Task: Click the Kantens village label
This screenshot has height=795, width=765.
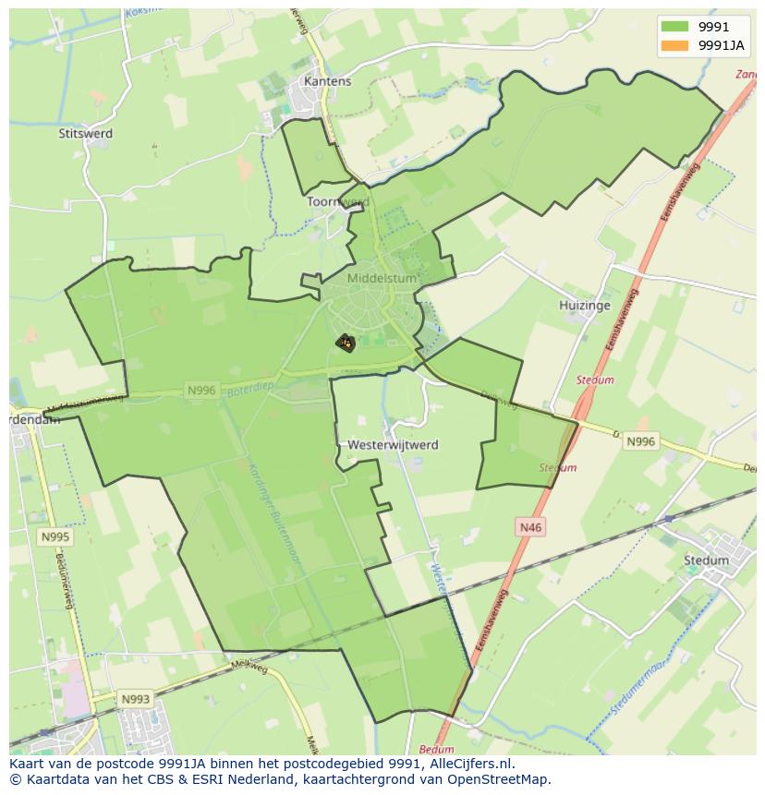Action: tap(328, 81)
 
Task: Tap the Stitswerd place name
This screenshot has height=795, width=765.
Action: tap(85, 133)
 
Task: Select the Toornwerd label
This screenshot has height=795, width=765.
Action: tap(338, 201)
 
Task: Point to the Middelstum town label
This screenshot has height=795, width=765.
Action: tap(382, 278)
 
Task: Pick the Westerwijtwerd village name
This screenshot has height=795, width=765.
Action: tap(393, 444)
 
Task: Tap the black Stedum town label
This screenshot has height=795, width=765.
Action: tap(706, 560)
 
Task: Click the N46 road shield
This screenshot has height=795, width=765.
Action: tap(530, 526)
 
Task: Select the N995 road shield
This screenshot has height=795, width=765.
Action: tap(55, 536)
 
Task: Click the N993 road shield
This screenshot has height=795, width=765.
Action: tap(135, 699)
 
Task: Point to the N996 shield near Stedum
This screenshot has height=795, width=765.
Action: tap(640, 441)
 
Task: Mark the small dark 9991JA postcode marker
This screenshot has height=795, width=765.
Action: tap(346, 343)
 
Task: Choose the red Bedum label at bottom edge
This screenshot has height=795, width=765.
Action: tap(436, 750)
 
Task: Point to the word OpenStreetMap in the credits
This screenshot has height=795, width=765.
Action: tap(498, 779)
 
